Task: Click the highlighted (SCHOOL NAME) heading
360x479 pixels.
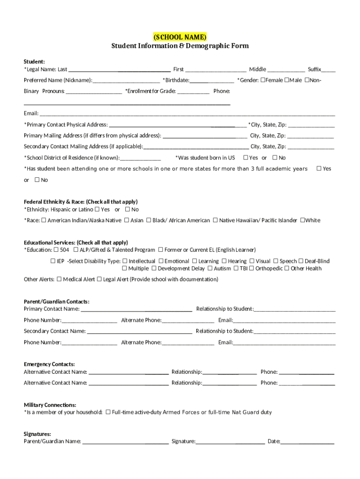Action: (x=180, y=37)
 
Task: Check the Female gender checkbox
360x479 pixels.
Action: (x=263, y=80)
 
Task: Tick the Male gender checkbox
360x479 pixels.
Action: (x=287, y=80)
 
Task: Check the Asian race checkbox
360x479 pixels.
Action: (x=127, y=220)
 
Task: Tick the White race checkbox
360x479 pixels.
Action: (x=302, y=220)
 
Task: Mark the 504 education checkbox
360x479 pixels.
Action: (x=56, y=250)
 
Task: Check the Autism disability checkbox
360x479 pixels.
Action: (x=210, y=269)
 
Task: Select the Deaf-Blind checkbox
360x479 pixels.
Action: (x=301, y=261)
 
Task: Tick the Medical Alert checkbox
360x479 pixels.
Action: (x=59, y=279)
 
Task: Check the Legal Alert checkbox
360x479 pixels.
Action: (x=99, y=279)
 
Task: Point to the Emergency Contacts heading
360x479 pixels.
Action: (x=49, y=364)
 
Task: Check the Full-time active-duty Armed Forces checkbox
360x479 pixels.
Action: (x=108, y=412)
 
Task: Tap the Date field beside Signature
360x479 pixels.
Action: (x=307, y=441)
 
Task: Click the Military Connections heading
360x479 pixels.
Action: (x=50, y=405)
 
